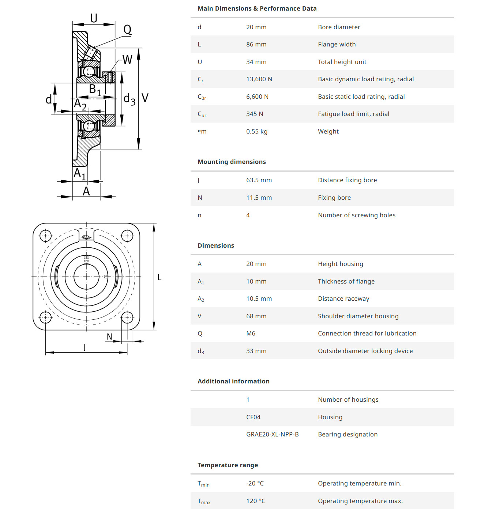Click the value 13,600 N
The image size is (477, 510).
coord(259,79)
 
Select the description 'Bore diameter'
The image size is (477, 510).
coord(339,27)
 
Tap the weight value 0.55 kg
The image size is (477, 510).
coord(256,131)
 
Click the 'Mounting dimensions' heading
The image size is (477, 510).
coord(232,162)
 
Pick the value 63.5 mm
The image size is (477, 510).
coord(259,180)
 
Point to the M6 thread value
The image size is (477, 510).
coord(251,333)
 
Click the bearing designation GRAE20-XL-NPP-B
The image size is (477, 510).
coord(272,434)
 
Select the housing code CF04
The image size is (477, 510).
coord(253,417)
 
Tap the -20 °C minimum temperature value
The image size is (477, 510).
coord(255,483)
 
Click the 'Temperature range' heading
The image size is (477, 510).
coord(228,465)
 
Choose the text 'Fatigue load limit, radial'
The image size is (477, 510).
coord(353,114)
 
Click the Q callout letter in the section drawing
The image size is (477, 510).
coord(127,29)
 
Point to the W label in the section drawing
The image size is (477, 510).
coord(127,59)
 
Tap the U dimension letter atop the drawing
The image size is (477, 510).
coord(94,18)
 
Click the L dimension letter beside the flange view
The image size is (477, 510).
coord(159,277)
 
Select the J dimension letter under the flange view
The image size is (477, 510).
coord(84,347)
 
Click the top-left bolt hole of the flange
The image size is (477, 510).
coord(45,236)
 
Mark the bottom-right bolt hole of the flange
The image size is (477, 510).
coord(127,317)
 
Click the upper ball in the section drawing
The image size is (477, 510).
coord(89,72)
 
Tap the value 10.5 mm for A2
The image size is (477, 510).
coord(259,299)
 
